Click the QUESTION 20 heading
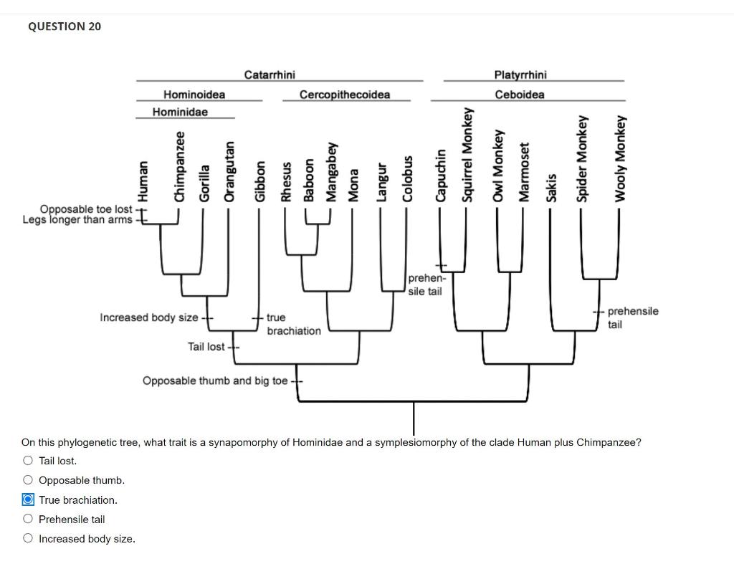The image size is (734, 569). [x=65, y=27]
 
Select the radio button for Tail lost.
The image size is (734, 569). [x=28, y=461]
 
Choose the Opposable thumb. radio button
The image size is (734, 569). [x=28, y=480]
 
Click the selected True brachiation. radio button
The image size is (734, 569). [x=28, y=499]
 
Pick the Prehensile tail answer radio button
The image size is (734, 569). [x=28, y=519]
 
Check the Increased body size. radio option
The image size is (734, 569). [x=28, y=539]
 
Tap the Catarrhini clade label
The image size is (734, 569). [x=270, y=75]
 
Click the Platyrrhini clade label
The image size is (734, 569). [x=520, y=75]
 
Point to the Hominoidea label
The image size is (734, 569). [x=194, y=95]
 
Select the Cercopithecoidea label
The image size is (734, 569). [x=345, y=95]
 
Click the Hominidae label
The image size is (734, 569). [x=180, y=113]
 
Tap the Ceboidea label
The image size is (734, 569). [x=520, y=95]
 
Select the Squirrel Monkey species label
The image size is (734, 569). [x=469, y=155]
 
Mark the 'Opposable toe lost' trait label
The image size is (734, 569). [x=85, y=209]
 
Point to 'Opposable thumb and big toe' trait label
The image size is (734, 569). [x=215, y=381]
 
